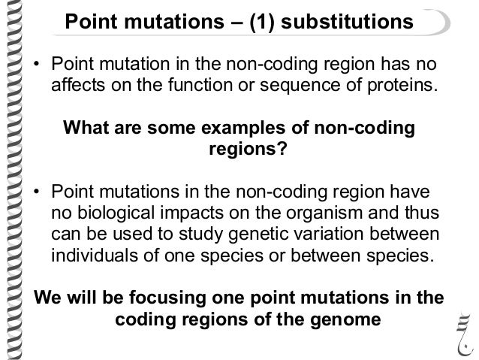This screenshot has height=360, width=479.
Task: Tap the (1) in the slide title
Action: click(x=253, y=24)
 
